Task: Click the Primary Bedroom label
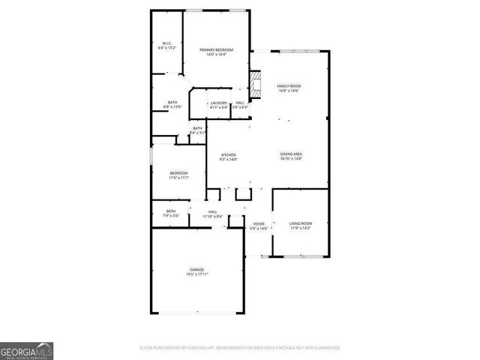coord(216,49)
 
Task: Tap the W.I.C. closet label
coord(166,43)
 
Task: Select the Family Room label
coord(289,86)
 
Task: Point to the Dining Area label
coord(291,154)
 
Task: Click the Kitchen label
coord(228,154)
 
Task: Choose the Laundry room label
coord(219,103)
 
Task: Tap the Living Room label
coord(301,223)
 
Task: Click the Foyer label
coord(259,223)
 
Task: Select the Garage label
coord(196,269)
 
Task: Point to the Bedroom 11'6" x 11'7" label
coord(178,173)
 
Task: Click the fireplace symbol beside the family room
coord(256,84)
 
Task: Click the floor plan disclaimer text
coord(239,348)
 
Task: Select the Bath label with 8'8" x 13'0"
coord(172,103)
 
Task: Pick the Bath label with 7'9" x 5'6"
coord(171,211)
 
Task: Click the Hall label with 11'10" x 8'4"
coord(213,211)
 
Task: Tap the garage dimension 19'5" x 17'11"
coord(196,274)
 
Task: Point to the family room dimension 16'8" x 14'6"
coord(289,91)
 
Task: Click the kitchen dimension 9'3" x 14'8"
coord(228,160)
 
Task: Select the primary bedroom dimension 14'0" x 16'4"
coord(216,55)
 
